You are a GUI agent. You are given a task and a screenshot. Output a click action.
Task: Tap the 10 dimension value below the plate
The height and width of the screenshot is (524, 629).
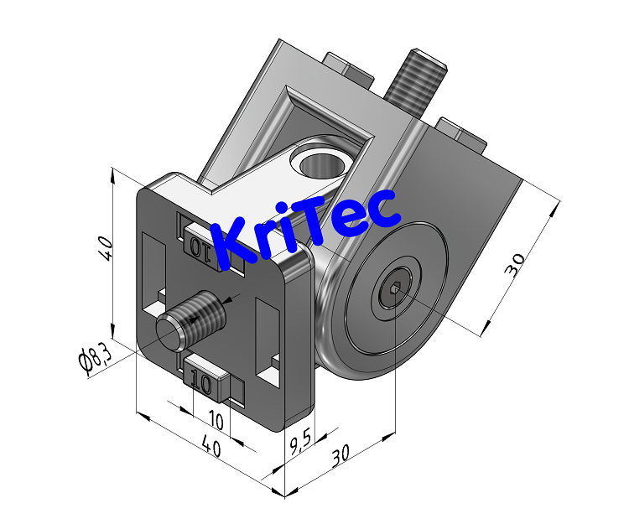[x=216, y=419]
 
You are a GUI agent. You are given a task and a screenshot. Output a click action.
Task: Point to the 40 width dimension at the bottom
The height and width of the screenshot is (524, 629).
[x=211, y=449]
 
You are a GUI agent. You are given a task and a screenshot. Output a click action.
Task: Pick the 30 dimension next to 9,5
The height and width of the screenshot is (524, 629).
[x=339, y=457]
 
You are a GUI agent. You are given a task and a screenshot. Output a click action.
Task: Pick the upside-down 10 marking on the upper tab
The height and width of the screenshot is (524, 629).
[x=202, y=247]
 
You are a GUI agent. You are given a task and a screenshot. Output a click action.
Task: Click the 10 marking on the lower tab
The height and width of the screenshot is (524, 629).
[x=201, y=383]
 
